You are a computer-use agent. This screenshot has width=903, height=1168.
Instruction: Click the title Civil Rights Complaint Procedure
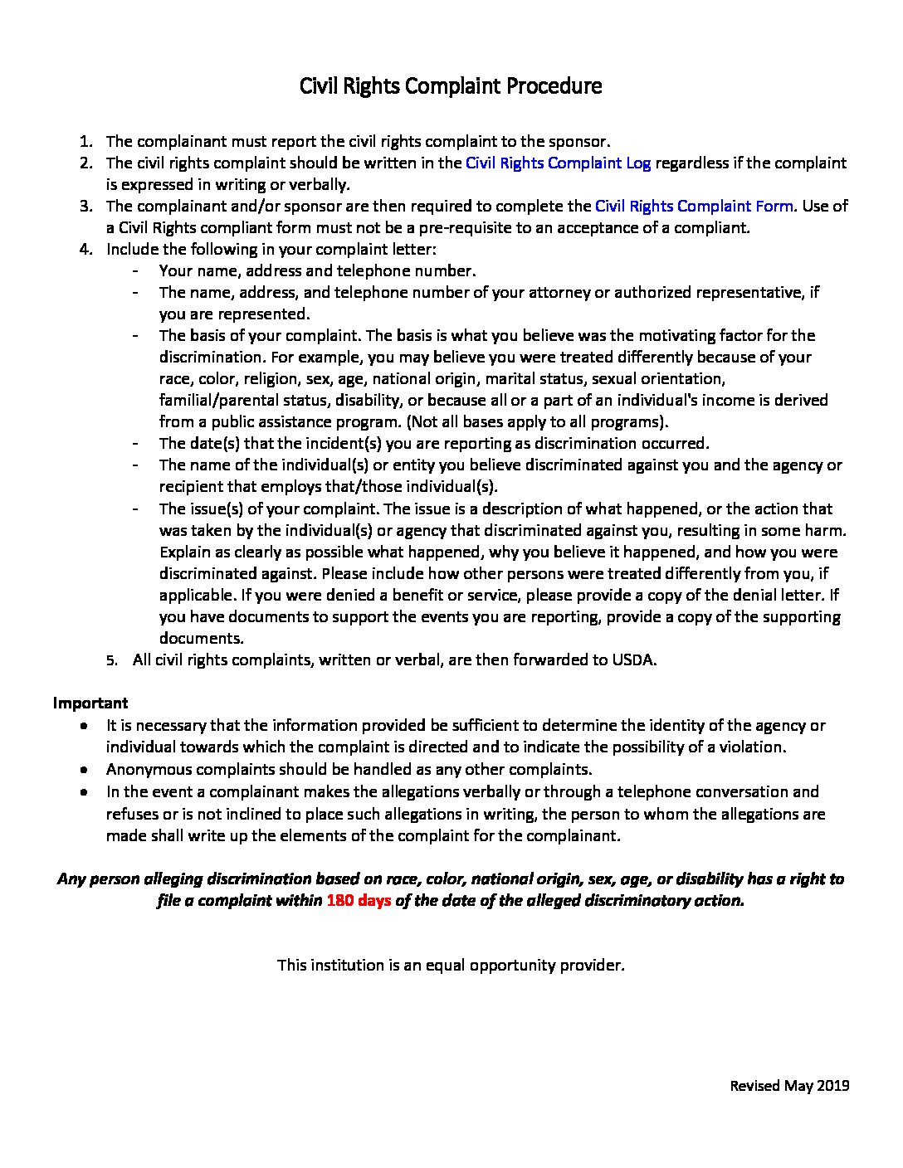point(451,85)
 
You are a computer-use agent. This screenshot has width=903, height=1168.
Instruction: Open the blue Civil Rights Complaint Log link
point(558,163)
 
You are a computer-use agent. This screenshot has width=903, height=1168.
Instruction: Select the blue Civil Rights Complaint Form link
point(694,206)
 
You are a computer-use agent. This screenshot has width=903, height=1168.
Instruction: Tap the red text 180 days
point(359,900)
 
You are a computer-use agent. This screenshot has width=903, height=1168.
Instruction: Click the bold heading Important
point(90,703)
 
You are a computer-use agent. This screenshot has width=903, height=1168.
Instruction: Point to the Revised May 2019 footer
point(789,1085)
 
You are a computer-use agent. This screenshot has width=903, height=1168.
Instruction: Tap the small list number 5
point(110,661)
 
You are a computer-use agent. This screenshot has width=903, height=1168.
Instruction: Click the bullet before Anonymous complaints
point(85,769)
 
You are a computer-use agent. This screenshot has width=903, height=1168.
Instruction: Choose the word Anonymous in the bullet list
point(146,769)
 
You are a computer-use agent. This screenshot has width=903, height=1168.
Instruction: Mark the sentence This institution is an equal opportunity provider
point(451,965)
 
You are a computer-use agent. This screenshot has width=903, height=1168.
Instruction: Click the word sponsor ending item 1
point(578,142)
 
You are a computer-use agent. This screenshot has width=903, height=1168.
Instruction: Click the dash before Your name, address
point(135,270)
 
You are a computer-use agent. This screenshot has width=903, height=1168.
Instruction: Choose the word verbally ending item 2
point(319,184)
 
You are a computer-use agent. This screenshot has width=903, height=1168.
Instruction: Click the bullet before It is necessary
point(85,725)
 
